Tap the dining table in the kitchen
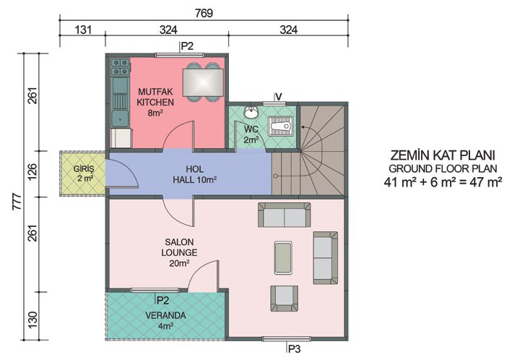(x=202, y=80)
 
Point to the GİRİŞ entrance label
(x=84, y=173)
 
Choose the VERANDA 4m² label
(x=167, y=320)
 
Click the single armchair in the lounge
(x=284, y=296)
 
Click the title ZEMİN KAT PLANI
(x=444, y=155)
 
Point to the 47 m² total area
(x=485, y=181)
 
